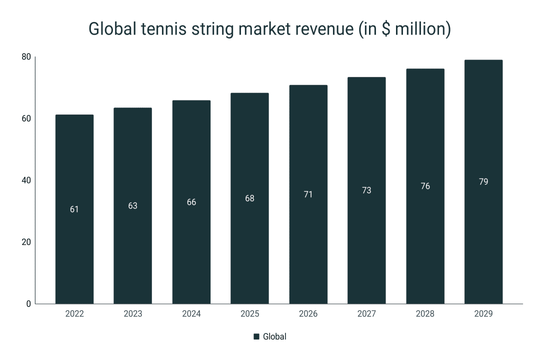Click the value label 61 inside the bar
pyautogui.click(x=74, y=209)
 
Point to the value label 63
pyautogui.click(x=132, y=205)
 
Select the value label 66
pyautogui.click(x=191, y=202)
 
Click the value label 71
pyautogui.click(x=308, y=194)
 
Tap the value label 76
pyautogui.click(x=425, y=186)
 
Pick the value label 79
pyautogui.click(x=483, y=181)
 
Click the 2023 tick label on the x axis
pyautogui.click(x=132, y=314)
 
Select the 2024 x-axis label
pyautogui.click(x=191, y=314)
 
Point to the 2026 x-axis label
pyautogui.click(x=308, y=314)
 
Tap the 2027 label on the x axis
pyautogui.click(x=366, y=314)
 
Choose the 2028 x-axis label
pyautogui.click(x=425, y=314)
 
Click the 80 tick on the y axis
pyautogui.click(x=26, y=57)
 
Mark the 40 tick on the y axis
pyautogui.click(x=26, y=180)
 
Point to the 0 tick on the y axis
pyautogui.click(x=28, y=303)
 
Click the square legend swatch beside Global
pyautogui.click(x=257, y=336)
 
